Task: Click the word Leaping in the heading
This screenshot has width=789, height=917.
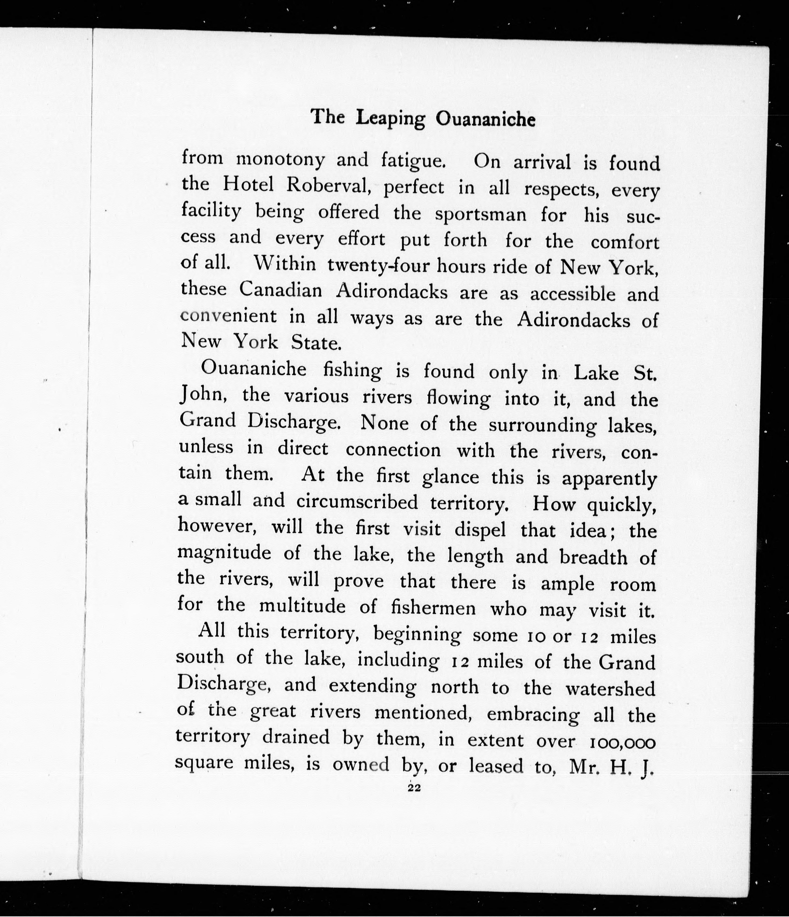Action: tap(391, 119)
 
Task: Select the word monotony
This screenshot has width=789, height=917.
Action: tap(280, 159)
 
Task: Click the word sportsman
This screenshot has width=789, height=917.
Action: tap(481, 214)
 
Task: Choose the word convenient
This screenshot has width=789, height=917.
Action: tap(229, 316)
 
